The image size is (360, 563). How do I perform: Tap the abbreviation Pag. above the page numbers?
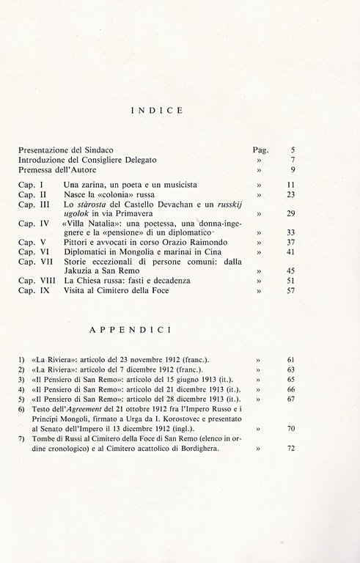click(260, 149)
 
